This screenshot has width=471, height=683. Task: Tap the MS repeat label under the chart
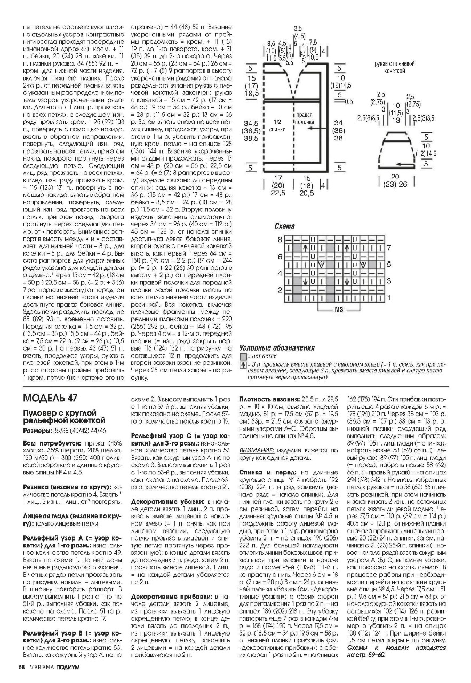(339, 309)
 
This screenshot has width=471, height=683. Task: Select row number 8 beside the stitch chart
(280, 240)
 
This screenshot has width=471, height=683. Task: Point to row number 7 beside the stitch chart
(389, 248)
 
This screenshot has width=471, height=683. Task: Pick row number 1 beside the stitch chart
(389, 297)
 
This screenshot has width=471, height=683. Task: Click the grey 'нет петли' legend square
(243, 355)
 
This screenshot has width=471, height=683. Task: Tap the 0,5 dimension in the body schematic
(349, 101)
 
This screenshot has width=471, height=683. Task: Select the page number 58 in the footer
(21, 666)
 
